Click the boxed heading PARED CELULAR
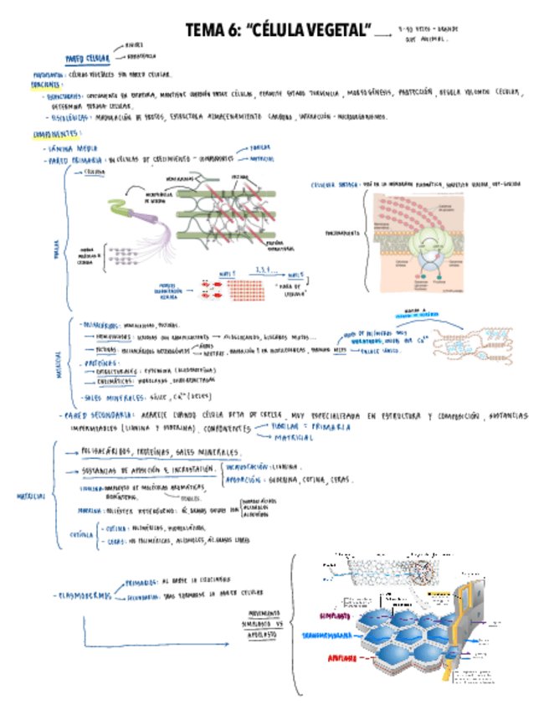(x=87, y=59)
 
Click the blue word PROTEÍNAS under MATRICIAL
(x=97, y=364)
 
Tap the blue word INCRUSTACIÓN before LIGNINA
(x=250, y=466)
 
